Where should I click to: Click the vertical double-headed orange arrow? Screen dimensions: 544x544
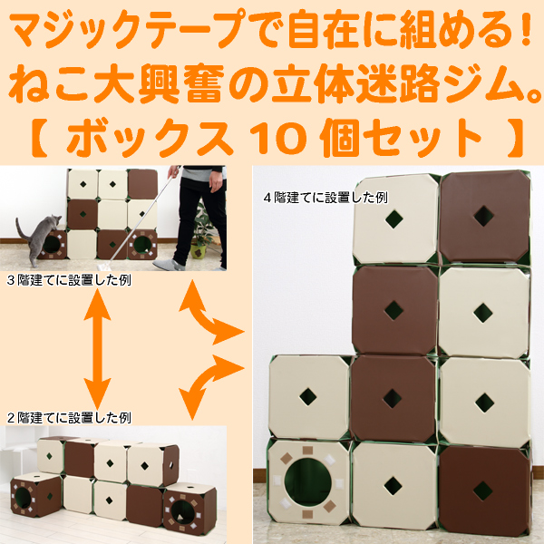[x=98, y=349]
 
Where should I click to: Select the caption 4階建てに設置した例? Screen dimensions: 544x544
[x=325, y=198]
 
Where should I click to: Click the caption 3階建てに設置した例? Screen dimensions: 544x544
[x=69, y=280]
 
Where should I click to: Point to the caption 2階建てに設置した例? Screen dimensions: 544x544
[x=69, y=418]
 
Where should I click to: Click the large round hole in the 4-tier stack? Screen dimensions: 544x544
[x=307, y=482]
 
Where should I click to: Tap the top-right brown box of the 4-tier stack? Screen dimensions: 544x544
[x=485, y=217]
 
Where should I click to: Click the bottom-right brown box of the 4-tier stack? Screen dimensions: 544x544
[x=485, y=490]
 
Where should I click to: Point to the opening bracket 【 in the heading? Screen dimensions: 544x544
[x=38, y=139]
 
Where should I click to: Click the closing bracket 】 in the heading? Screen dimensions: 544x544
[x=516, y=139]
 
